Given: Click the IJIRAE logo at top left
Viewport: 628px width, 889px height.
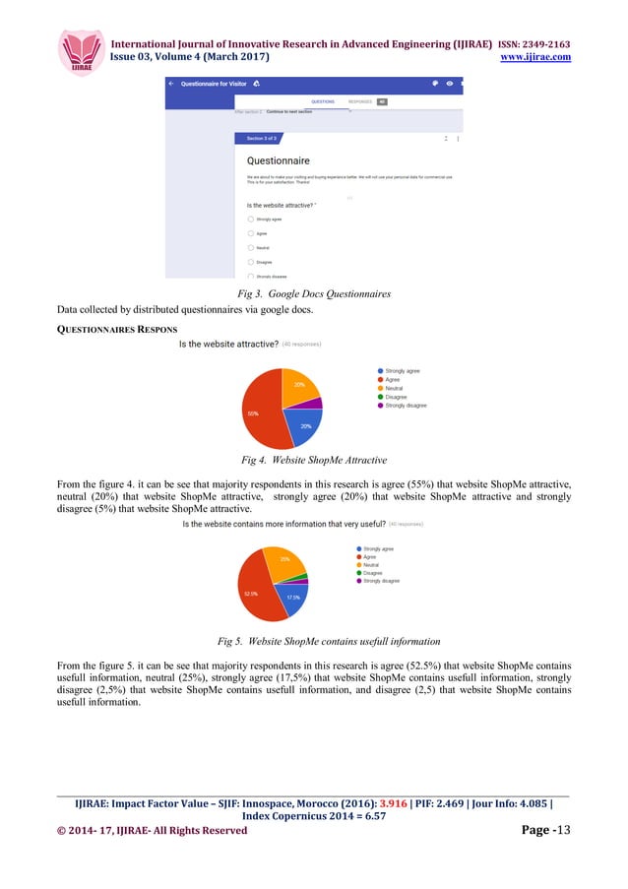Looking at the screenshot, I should tap(81, 50).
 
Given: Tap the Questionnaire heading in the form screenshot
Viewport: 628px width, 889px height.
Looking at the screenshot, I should tap(278, 159).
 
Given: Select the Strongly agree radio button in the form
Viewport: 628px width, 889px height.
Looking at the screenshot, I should tap(251, 220).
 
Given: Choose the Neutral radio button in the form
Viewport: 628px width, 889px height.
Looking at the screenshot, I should tap(251, 248).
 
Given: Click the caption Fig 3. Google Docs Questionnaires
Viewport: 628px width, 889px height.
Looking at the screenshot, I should tap(313, 294).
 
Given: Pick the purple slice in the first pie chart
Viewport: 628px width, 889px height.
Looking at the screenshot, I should tap(314, 403).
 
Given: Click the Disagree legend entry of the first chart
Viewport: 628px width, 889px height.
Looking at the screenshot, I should tap(397, 397).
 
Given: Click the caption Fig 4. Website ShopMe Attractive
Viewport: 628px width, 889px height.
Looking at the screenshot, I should tap(313, 459).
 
